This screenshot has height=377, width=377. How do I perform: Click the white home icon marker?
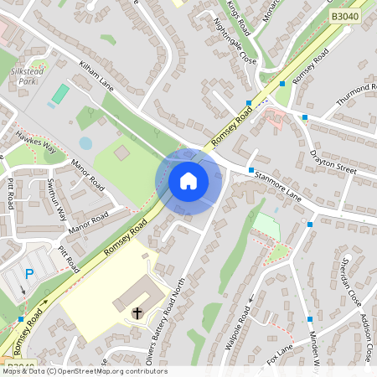pos(188,181)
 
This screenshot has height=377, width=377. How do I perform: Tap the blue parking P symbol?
pos(29,273)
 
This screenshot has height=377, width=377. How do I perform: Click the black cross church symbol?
pos(137,312)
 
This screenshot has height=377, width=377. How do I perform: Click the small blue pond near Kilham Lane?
pos(85,143)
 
